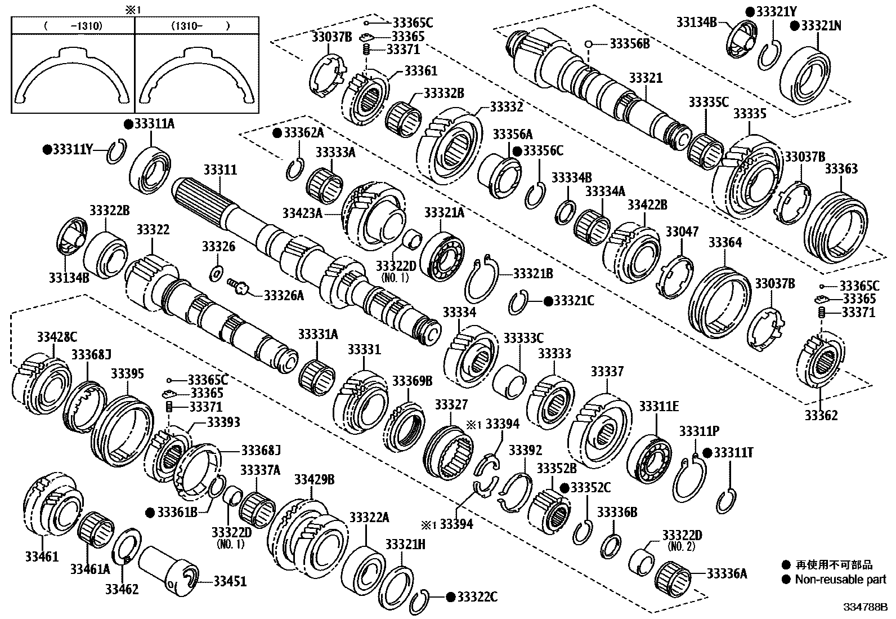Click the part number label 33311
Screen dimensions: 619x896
[x=220, y=170]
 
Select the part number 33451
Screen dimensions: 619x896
[x=230, y=581]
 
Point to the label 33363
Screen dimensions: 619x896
[x=841, y=169]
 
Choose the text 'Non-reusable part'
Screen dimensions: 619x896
[x=840, y=579]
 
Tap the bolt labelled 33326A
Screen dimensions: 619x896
[x=239, y=288]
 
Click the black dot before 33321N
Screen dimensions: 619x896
[x=794, y=26]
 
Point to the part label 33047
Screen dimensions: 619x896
[x=682, y=231]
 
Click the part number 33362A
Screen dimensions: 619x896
[x=304, y=133]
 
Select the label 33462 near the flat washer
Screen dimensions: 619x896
[x=122, y=589]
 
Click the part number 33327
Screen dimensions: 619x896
[x=451, y=405]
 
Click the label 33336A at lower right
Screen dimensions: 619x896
[x=727, y=573]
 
